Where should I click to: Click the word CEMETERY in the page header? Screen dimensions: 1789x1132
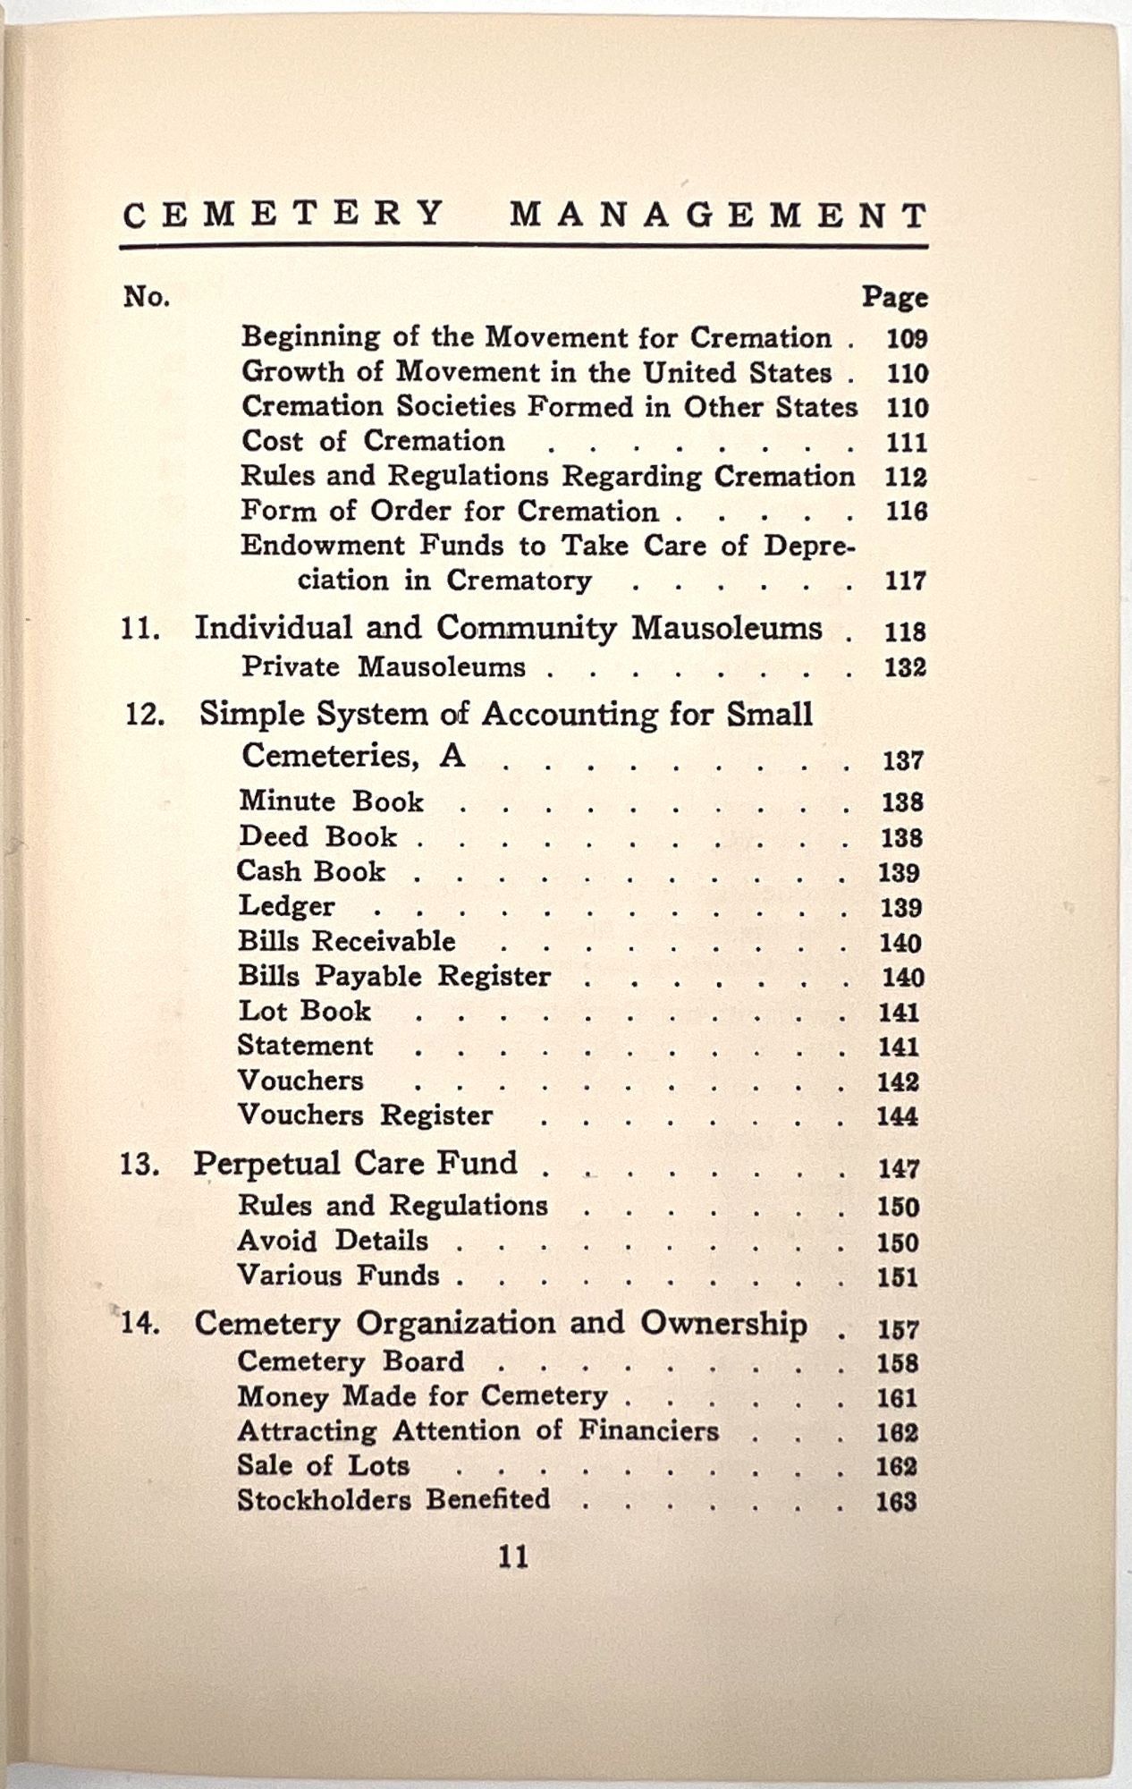pyautogui.click(x=283, y=215)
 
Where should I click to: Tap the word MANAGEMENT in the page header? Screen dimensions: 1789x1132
pyautogui.click(x=718, y=216)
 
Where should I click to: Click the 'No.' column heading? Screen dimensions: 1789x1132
pyautogui.click(x=147, y=296)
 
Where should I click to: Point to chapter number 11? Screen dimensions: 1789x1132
pyautogui.click(x=140, y=629)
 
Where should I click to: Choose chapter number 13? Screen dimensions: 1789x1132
pyautogui.click(x=140, y=1165)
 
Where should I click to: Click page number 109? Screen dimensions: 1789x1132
pyautogui.click(x=906, y=339)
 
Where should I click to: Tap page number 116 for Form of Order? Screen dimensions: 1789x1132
pyautogui.click(x=906, y=512)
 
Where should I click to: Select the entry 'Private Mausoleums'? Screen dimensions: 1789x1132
pyautogui.click(x=384, y=667)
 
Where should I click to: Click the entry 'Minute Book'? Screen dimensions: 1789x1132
pyautogui.click(x=331, y=801)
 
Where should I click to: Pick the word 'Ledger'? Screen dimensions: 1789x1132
pyautogui.click(x=286, y=906)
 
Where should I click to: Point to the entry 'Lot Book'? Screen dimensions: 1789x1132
pyautogui.click(x=304, y=1011)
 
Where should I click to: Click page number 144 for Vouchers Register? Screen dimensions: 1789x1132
pyautogui.click(x=897, y=1116)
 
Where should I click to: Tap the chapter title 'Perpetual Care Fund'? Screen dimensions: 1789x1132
pyautogui.click(x=355, y=1163)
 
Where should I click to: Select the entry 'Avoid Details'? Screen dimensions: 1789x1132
pyautogui.click(x=333, y=1241)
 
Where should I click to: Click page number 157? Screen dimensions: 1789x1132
pyautogui.click(x=898, y=1329)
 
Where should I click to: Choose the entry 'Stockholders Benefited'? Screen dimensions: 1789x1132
pyautogui.click(x=393, y=1499)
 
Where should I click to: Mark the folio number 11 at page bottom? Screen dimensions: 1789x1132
pyautogui.click(x=513, y=1557)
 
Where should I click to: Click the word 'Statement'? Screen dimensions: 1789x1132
pyautogui.click(x=305, y=1046)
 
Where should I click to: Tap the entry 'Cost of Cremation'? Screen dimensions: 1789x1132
pyautogui.click(x=373, y=441)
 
